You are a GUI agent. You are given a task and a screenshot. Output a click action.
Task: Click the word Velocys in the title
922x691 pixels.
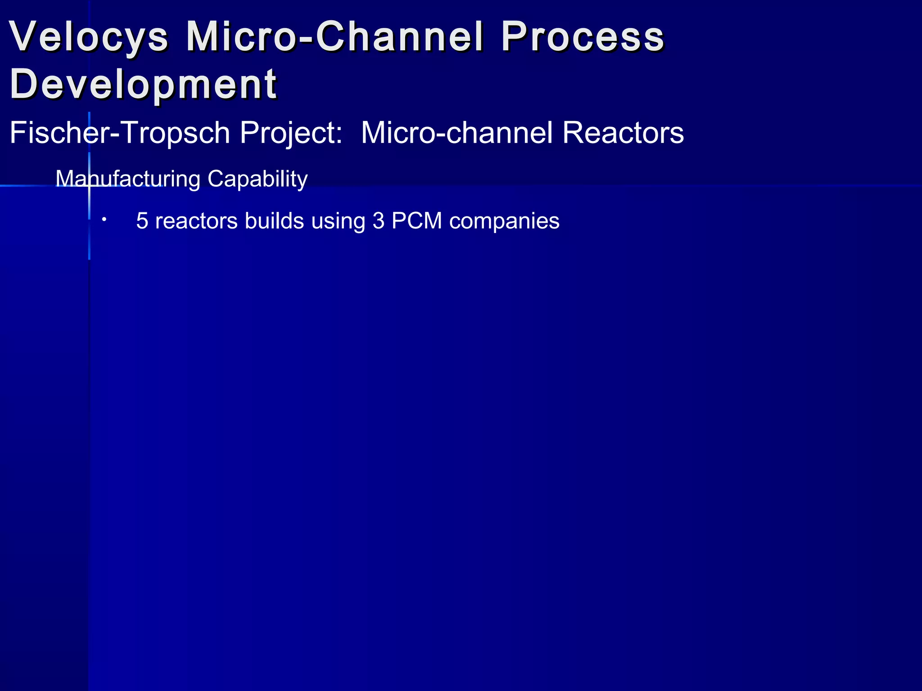[89, 37]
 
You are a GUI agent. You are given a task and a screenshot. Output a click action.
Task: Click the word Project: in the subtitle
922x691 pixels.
[291, 133]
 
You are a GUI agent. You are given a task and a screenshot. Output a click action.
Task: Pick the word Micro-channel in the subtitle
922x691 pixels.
[456, 133]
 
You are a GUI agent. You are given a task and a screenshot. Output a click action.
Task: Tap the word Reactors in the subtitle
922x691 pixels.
[623, 133]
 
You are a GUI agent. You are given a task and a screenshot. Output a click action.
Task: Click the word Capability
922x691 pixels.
[258, 179]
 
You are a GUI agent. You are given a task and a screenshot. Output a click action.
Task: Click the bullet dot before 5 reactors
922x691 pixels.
[104, 220]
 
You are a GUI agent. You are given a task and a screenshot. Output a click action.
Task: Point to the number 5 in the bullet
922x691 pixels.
[142, 221]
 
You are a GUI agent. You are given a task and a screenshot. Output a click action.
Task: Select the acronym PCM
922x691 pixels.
[417, 221]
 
